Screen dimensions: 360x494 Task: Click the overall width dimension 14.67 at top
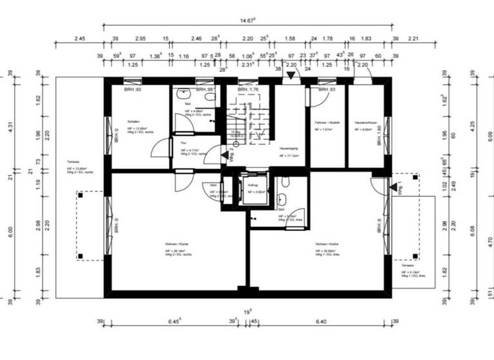[247, 21]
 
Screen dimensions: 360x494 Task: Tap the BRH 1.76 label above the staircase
[248, 90]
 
